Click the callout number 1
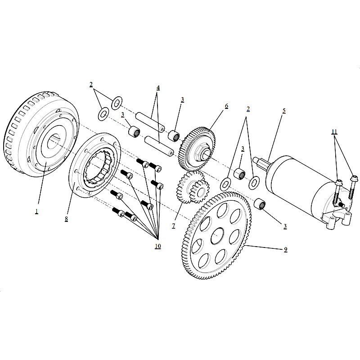click(36, 211)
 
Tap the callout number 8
click(66, 219)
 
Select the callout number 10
click(158, 246)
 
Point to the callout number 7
click(174, 226)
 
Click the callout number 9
click(285, 250)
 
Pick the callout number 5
click(284, 111)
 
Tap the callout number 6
click(226, 106)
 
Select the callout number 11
click(334, 132)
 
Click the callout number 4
click(158, 88)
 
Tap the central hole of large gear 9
click(217, 235)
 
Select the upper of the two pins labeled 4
click(151, 121)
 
